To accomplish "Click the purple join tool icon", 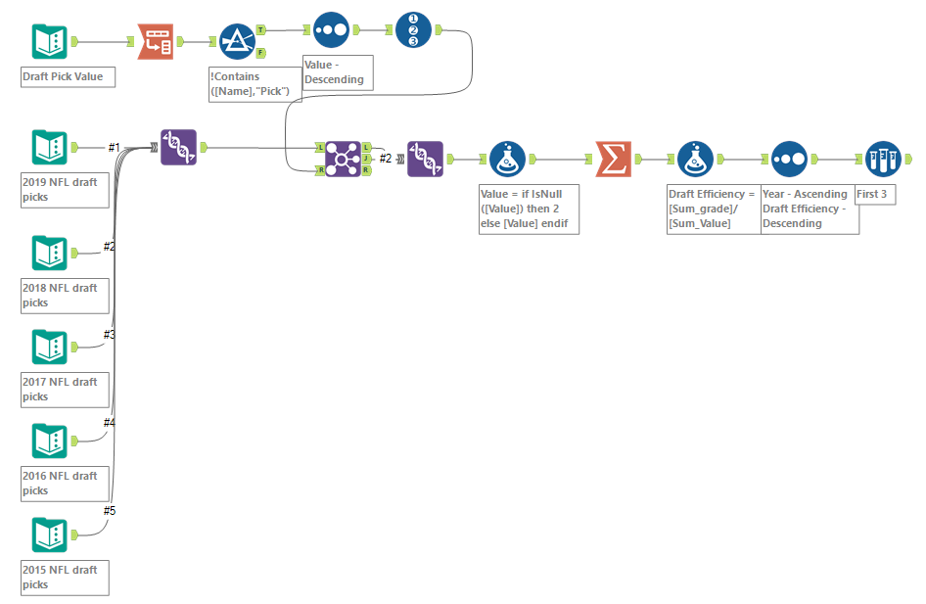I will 342,158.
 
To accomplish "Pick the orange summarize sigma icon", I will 614,159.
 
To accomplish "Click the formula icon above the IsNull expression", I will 507,159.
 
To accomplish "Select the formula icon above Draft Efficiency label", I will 696,159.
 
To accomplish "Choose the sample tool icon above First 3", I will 883,159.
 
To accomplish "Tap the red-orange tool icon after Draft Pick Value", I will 155,42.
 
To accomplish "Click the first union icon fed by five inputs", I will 179,148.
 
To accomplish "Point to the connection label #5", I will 110,511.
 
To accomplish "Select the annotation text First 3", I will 872,195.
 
